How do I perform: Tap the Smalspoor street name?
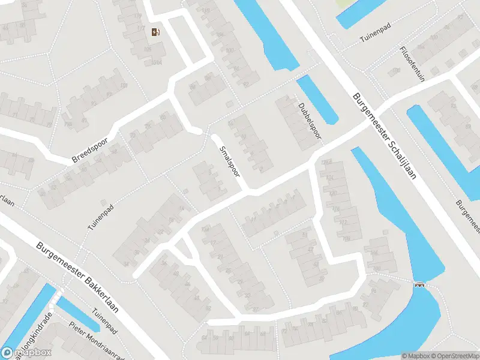[230, 161]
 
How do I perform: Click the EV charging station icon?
[157, 32]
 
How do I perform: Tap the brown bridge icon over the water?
[420, 284]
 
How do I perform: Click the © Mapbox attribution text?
[415, 356]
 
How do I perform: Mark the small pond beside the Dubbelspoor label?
[317, 98]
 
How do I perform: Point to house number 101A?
[157, 62]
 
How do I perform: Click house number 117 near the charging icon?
[139, 16]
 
